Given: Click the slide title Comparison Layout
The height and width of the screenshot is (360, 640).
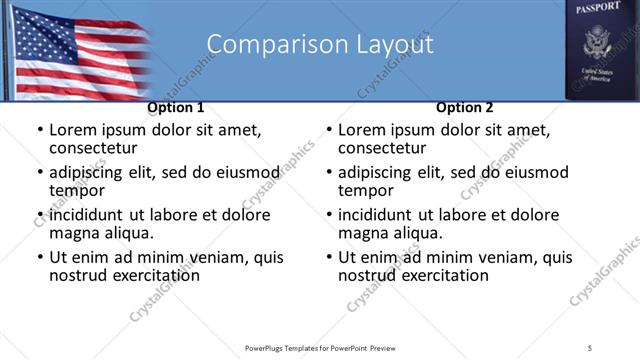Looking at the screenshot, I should pyautogui.click(x=320, y=45).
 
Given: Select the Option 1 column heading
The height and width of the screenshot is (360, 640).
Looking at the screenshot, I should pyautogui.click(x=176, y=108).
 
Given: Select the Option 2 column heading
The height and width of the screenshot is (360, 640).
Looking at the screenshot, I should pyautogui.click(x=465, y=108).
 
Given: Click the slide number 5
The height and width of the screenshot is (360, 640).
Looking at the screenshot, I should pyautogui.click(x=590, y=348).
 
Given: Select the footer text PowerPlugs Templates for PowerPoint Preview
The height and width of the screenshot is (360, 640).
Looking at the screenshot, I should pyautogui.click(x=320, y=348).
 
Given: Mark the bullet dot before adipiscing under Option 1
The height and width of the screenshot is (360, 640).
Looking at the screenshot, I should pyautogui.click(x=39, y=173).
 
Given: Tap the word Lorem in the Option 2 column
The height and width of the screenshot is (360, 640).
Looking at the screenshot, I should pyautogui.click(x=361, y=130).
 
